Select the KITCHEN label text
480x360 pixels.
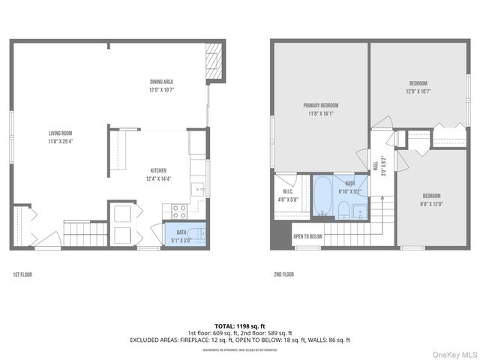[x=157, y=170]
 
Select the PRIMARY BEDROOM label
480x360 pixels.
[x=320, y=105]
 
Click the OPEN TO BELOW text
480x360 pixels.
[x=307, y=236]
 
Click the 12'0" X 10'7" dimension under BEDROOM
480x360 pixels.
[x=418, y=91]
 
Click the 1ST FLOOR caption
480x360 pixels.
[x=22, y=274]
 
